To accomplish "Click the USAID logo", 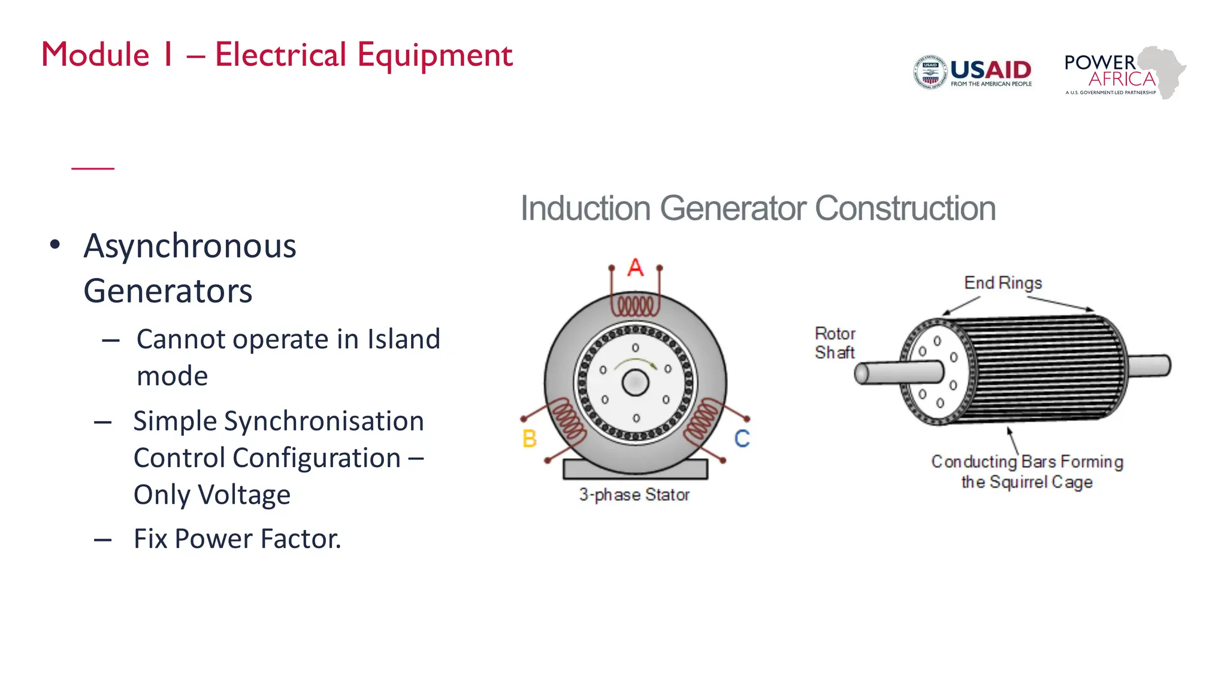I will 973,72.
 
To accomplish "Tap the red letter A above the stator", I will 636,267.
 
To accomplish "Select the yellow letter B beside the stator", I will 529,439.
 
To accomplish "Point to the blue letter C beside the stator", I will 742,439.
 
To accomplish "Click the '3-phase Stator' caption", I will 634,495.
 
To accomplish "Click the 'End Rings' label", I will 1003,283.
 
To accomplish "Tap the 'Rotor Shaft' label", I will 835,343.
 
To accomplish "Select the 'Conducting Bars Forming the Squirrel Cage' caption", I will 1027,472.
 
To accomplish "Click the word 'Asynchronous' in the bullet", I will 190,246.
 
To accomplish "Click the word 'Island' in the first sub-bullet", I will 403,340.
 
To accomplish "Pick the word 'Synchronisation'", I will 324,421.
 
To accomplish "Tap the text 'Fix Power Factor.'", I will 237,538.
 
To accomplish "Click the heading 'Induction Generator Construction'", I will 757,208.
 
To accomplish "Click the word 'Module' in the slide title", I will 95,55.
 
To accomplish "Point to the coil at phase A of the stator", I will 636,306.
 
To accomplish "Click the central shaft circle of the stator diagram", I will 635,383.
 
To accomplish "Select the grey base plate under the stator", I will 635,469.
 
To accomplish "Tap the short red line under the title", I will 93,168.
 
